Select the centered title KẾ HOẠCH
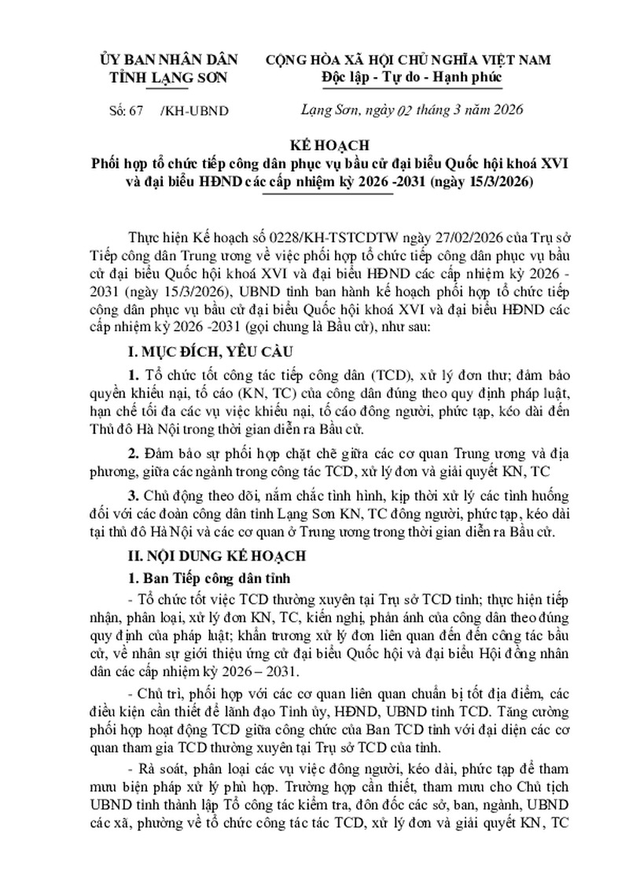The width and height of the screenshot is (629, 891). pos(334,147)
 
